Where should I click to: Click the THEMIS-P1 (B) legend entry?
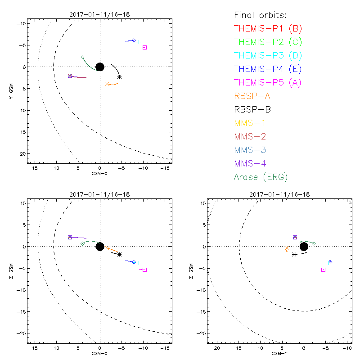(268, 28)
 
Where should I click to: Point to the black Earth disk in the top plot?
(100, 67)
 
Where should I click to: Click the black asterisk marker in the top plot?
(119, 76)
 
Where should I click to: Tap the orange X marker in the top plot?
(107, 84)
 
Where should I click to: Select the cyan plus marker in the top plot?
(139, 42)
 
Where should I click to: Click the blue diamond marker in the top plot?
(134, 40)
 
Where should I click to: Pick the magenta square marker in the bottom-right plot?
(323, 270)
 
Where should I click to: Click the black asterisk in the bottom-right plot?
(294, 254)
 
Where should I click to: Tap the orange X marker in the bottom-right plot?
(287, 248)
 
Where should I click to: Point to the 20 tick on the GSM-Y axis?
(217, 348)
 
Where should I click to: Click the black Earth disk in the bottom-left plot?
(100, 246)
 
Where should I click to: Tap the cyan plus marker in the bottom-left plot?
(139, 263)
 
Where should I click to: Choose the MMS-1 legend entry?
(255, 123)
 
